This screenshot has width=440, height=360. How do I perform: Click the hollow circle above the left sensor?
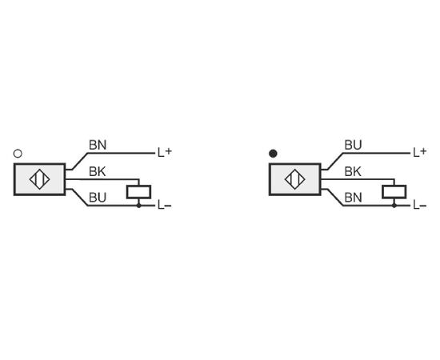(x=18, y=154)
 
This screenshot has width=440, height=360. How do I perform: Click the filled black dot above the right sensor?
(x=273, y=154)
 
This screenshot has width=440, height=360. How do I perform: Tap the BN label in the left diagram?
(x=98, y=145)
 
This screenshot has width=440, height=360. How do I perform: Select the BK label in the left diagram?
(x=98, y=171)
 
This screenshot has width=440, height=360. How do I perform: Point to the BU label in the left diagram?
(x=98, y=198)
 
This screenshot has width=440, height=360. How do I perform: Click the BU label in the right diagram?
(x=353, y=145)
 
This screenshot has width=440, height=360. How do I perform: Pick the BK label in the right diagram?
(x=353, y=171)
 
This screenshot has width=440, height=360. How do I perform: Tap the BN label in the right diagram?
(x=353, y=198)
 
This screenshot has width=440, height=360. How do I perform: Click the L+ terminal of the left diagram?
(x=165, y=152)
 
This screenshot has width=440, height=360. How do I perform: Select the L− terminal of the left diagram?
(x=165, y=205)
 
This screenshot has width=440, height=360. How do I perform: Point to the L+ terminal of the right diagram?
(x=420, y=152)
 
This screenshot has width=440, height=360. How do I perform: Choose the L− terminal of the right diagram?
(x=420, y=205)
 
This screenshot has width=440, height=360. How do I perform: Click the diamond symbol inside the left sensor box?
(x=39, y=179)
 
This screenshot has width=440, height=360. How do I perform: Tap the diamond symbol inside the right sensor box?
(x=295, y=179)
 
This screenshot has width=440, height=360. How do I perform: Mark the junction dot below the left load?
(x=138, y=206)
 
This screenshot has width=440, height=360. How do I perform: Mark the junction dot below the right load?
(x=394, y=206)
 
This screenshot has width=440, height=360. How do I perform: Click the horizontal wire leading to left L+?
(x=122, y=154)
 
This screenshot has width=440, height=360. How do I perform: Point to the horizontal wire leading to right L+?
(x=377, y=154)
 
